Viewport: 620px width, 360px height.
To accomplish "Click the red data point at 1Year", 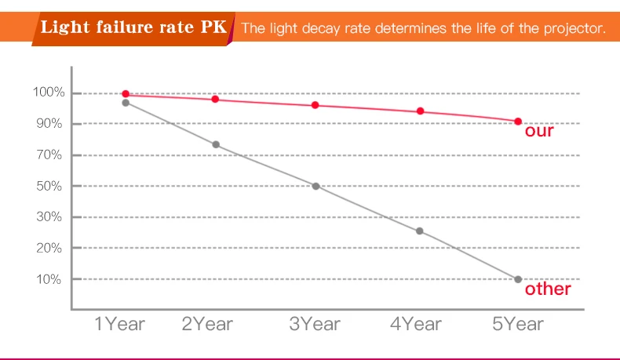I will pos(126,94).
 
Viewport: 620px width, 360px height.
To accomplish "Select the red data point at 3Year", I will pos(315,105).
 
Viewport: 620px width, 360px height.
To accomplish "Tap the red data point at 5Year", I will pos(518,122).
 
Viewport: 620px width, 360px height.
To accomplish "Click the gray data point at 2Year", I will pos(216,145).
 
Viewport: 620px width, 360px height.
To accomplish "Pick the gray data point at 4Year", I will pos(420,231).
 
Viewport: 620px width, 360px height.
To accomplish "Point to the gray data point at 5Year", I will pos(518,279).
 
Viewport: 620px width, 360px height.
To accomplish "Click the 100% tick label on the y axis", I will pos(48,93).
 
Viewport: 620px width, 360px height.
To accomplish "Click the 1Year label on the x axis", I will pos(119,323).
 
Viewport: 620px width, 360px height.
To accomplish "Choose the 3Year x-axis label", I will pos(315,323).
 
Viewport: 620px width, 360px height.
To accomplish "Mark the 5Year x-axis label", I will pos(518,323).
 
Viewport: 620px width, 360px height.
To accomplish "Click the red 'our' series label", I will pos(539,131).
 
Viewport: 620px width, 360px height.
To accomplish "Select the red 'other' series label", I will pos(548,289).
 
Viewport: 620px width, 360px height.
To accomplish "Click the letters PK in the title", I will pos(213,29).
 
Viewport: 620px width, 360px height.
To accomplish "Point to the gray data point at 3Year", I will pos(315,186).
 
